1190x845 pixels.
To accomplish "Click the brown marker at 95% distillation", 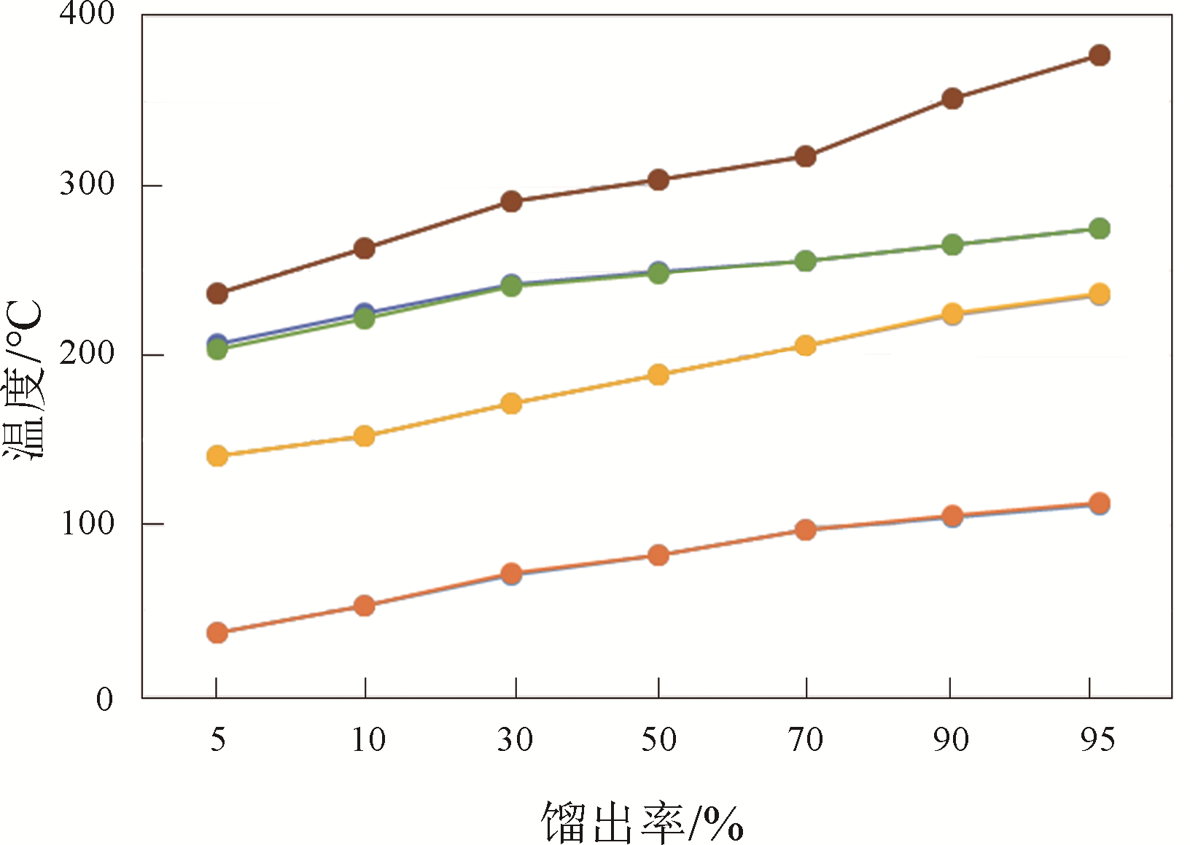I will [x=1099, y=55].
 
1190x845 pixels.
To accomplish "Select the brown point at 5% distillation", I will [x=217, y=294].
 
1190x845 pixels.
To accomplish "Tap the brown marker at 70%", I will [x=805, y=156].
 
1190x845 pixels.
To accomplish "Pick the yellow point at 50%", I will [x=658, y=375].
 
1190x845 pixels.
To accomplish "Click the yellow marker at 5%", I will [x=217, y=456].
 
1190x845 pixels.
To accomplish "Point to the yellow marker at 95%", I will [x=1099, y=295].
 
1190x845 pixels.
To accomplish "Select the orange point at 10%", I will [x=364, y=605].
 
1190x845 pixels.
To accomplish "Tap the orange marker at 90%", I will [x=952, y=516].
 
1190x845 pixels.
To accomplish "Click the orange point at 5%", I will [x=217, y=632].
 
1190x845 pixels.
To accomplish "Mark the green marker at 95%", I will [x=1099, y=229].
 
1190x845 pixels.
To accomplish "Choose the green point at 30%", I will [x=512, y=286].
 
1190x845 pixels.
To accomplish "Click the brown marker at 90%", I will [x=952, y=98].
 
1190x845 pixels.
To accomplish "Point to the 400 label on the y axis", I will [x=87, y=14].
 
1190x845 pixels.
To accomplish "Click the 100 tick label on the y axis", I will [x=87, y=523].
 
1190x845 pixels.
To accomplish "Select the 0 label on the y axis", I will [x=105, y=699].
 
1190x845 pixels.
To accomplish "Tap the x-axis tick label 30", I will [x=515, y=739].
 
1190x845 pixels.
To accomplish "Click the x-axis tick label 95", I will [x=1097, y=739].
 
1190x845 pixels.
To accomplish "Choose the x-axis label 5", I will [x=217, y=739].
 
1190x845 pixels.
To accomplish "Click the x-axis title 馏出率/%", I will [x=642, y=822].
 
